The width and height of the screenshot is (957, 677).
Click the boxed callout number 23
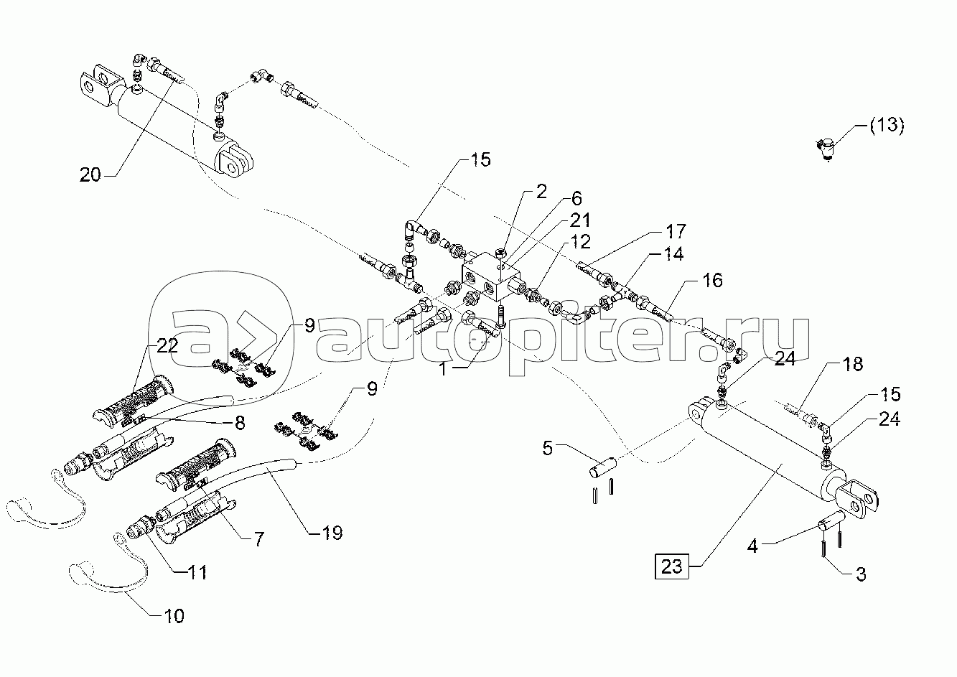click(671, 567)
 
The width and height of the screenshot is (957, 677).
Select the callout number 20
click(90, 174)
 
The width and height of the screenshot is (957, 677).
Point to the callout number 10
click(174, 616)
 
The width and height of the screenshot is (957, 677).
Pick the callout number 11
click(197, 572)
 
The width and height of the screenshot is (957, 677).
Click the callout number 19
click(332, 533)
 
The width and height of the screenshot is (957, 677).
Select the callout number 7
click(259, 539)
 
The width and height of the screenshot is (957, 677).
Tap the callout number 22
click(167, 346)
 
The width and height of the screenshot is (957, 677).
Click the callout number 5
click(547, 449)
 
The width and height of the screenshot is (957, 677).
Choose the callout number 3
click(861, 574)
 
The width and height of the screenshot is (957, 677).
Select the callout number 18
click(852, 364)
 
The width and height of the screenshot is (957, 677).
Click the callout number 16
click(712, 281)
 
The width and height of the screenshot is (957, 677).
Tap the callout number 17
click(676, 232)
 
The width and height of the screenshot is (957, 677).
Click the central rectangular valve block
click(491, 281)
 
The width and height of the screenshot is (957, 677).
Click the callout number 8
click(240, 423)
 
